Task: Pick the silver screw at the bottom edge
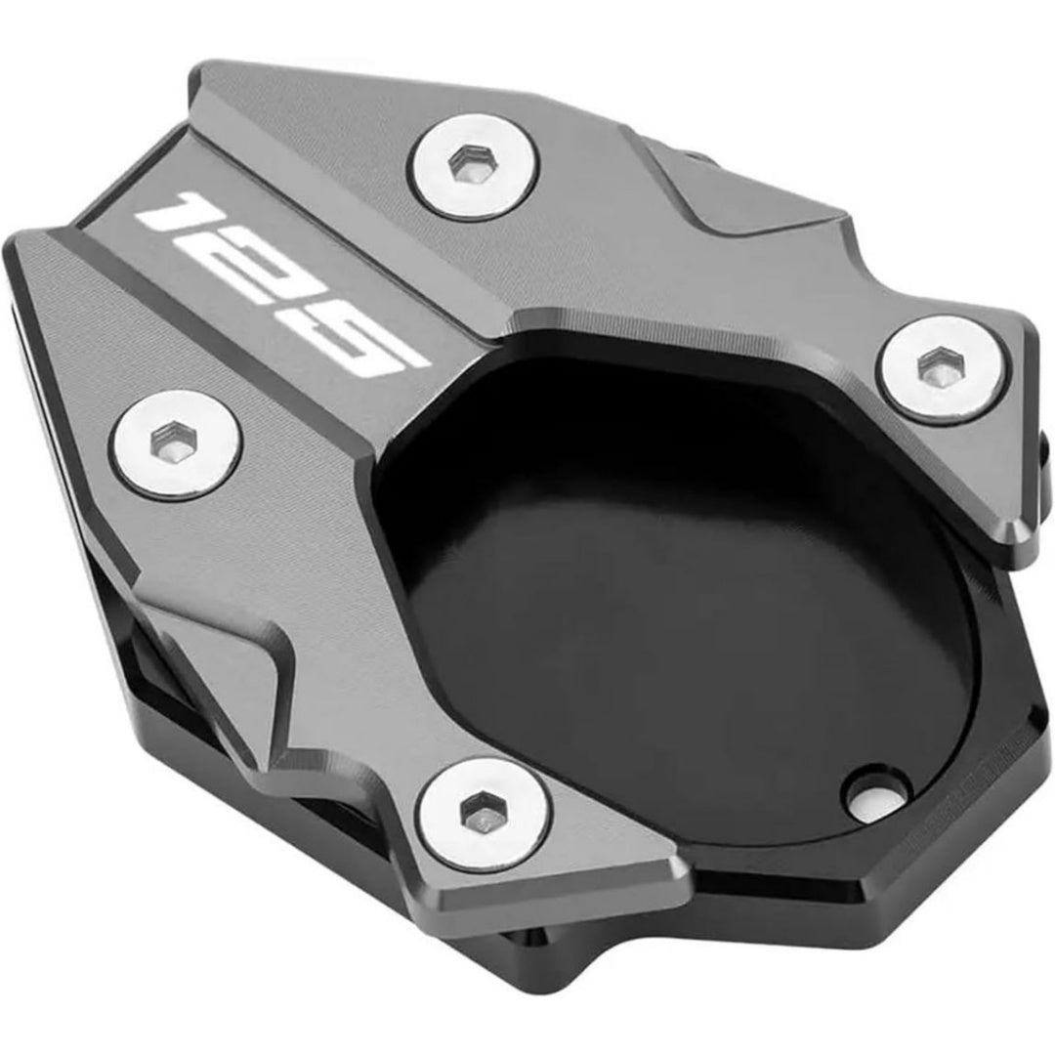click(x=485, y=816)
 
